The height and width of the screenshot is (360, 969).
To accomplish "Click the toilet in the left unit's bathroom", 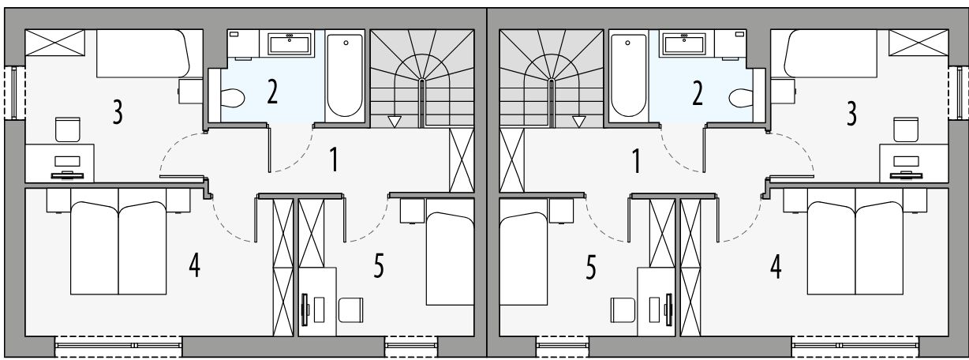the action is tap(232, 98).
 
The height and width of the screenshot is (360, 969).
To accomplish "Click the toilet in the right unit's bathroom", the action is tap(741, 98).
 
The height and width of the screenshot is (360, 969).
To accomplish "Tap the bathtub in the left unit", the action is tap(345, 76).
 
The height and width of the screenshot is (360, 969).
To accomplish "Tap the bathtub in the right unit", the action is tap(628, 76).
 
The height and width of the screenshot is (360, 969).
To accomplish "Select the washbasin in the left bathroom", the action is tap(290, 43).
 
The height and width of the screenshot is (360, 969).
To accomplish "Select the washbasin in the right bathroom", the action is tap(684, 43).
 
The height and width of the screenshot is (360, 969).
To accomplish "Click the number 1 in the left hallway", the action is tap(334, 159).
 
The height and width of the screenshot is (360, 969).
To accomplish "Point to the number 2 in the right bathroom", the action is tap(697, 93).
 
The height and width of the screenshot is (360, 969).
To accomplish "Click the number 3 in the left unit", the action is tap(118, 112).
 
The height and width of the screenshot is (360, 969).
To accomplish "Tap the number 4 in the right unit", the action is tap(776, 267).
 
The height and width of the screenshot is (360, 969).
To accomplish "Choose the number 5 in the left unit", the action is tap(379, 266).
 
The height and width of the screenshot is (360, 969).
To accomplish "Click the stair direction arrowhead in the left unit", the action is tap(394, 122).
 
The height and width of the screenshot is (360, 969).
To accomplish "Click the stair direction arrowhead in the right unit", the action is tap(579, 122).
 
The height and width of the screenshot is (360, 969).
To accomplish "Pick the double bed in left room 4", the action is tap(118, 248).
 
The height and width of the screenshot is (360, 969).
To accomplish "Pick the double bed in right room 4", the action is tap(855, 248).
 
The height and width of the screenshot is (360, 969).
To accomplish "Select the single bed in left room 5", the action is tap(450, 258).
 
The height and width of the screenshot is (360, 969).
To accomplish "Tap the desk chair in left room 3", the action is tap(68, 129).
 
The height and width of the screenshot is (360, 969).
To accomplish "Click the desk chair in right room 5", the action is tap(623, 309).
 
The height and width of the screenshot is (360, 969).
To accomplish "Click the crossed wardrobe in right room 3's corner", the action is tap(918, 43).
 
